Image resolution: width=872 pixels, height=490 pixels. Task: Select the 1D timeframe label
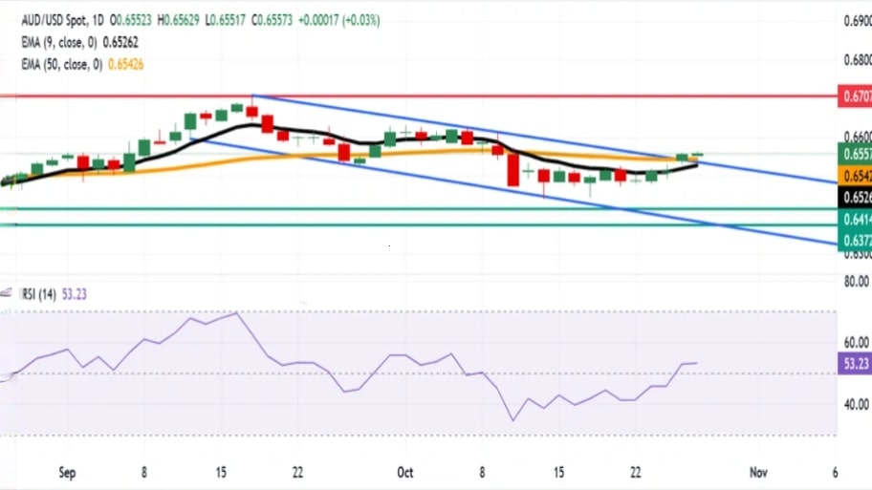pyautogui.click(x=97, y=19)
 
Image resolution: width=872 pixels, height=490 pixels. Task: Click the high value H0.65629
pyautogui.click(x=181, y=19)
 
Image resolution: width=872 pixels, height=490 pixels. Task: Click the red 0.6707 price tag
pyautogui.click(x=854, y=96)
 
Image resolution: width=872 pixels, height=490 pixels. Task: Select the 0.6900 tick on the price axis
pyautogui.click(x=854, y=20)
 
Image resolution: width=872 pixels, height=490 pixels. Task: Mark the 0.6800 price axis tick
pyautogui.click(x=854, y=60)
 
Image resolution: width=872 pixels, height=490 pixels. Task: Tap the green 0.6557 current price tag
pyautogui.click(x=854, y=154)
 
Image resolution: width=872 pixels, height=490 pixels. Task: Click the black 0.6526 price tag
pyautogui.click(x=854, y=197)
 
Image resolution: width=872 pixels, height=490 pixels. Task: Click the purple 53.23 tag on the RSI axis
pyautogui.click(x=854, y=363)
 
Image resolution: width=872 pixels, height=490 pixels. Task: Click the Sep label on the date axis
pyautogui.click(x=67, y=472)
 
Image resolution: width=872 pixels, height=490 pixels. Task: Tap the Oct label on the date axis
pyautogui.click(x=404, y=472)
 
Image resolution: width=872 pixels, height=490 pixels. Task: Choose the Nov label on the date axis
pyautogui.click(x=758, y=472)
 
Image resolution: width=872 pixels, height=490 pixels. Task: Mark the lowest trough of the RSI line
pyautogui.click(x=512, y=420)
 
